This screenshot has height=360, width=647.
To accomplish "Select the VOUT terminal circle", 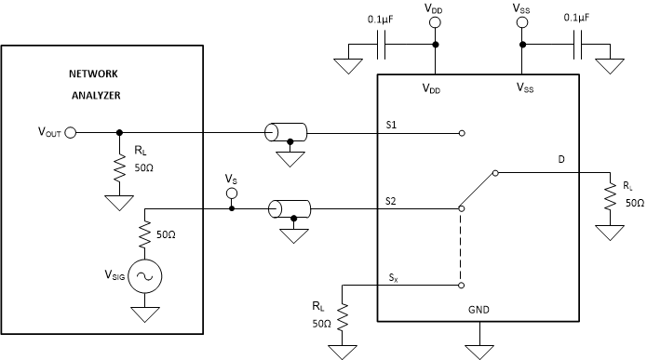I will point(71,133).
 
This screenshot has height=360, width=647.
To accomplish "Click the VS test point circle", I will point(232,193).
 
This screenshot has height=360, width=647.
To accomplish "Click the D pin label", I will point(561,159).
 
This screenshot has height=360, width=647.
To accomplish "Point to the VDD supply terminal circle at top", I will point(435,20).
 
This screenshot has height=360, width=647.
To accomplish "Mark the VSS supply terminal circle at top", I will point(522,20).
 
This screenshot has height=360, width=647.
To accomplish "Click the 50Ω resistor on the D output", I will point(611,198).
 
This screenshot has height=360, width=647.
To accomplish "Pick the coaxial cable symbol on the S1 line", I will point(285,133).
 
